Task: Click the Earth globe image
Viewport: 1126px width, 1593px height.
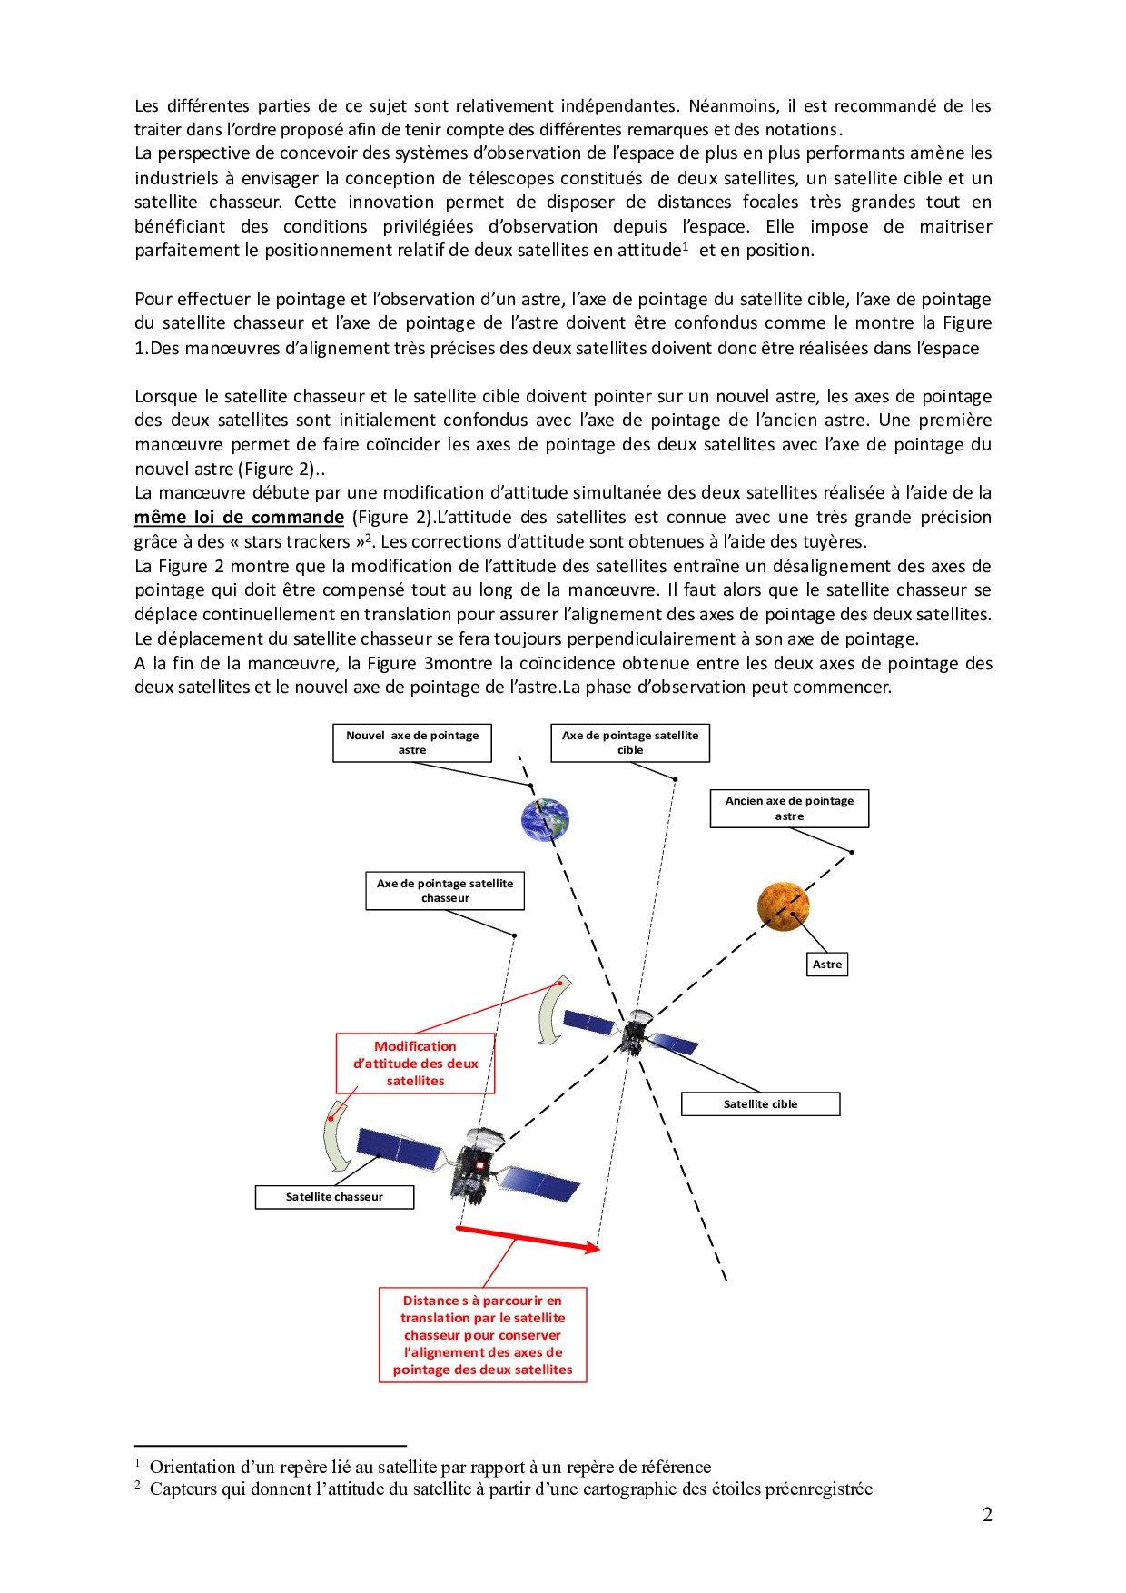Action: (x=545, y=819)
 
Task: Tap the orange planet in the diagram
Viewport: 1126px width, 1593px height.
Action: (x=783, y=905)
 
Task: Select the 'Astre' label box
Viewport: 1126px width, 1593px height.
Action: (x=826, y=965)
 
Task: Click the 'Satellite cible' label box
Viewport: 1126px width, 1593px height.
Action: (x=760, y=1104)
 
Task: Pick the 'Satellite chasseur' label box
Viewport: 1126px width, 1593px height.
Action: (x=334, y=1197)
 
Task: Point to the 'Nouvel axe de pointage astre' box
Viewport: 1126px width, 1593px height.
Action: (x=411, y=743)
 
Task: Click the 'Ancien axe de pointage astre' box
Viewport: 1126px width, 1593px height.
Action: (x=789, y=808)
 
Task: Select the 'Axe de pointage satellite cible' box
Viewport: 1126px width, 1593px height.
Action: (x=629, y=743)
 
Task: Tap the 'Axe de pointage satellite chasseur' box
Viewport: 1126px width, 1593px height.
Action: (x=445, y=891)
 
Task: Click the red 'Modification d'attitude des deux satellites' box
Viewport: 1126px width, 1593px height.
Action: (x=415, y=1064)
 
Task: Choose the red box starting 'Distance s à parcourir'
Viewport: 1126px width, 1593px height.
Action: (x=482, y=1335)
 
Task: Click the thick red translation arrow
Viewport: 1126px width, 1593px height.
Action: (x=528, y=1239)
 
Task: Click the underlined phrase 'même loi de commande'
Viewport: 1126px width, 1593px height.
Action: (x=239, y=518)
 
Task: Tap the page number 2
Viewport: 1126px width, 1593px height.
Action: (x=987, y=1515)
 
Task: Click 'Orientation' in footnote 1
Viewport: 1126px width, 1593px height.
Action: (x=193, y=1467)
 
